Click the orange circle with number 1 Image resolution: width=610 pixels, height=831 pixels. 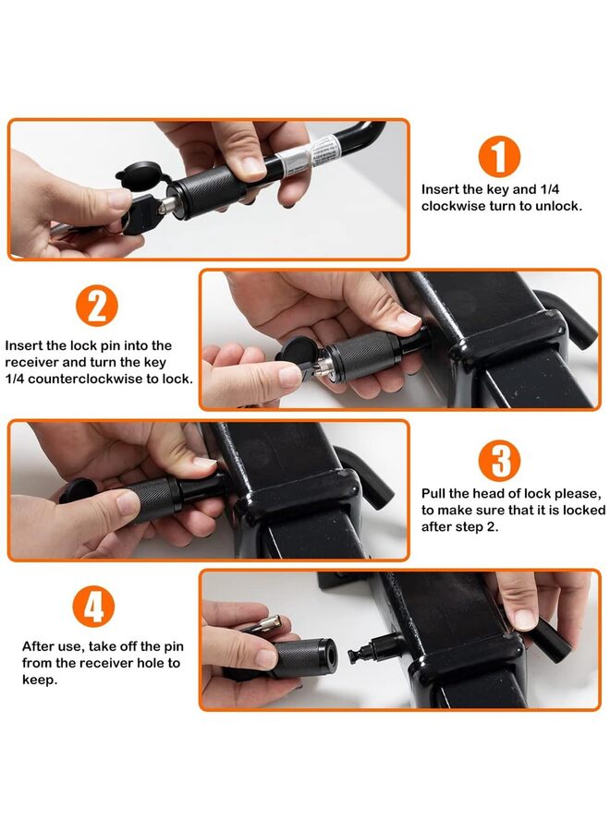498,157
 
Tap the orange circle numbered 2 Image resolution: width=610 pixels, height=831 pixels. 96,306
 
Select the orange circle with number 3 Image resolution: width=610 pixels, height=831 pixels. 498,461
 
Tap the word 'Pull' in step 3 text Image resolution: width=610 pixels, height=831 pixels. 435,493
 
